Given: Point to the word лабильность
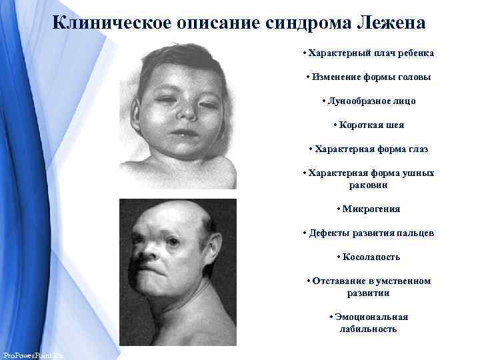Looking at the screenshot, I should (x=368, y=329).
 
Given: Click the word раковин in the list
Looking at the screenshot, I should (x=368, y=185).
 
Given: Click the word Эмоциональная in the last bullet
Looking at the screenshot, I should (x=371, y=317).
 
